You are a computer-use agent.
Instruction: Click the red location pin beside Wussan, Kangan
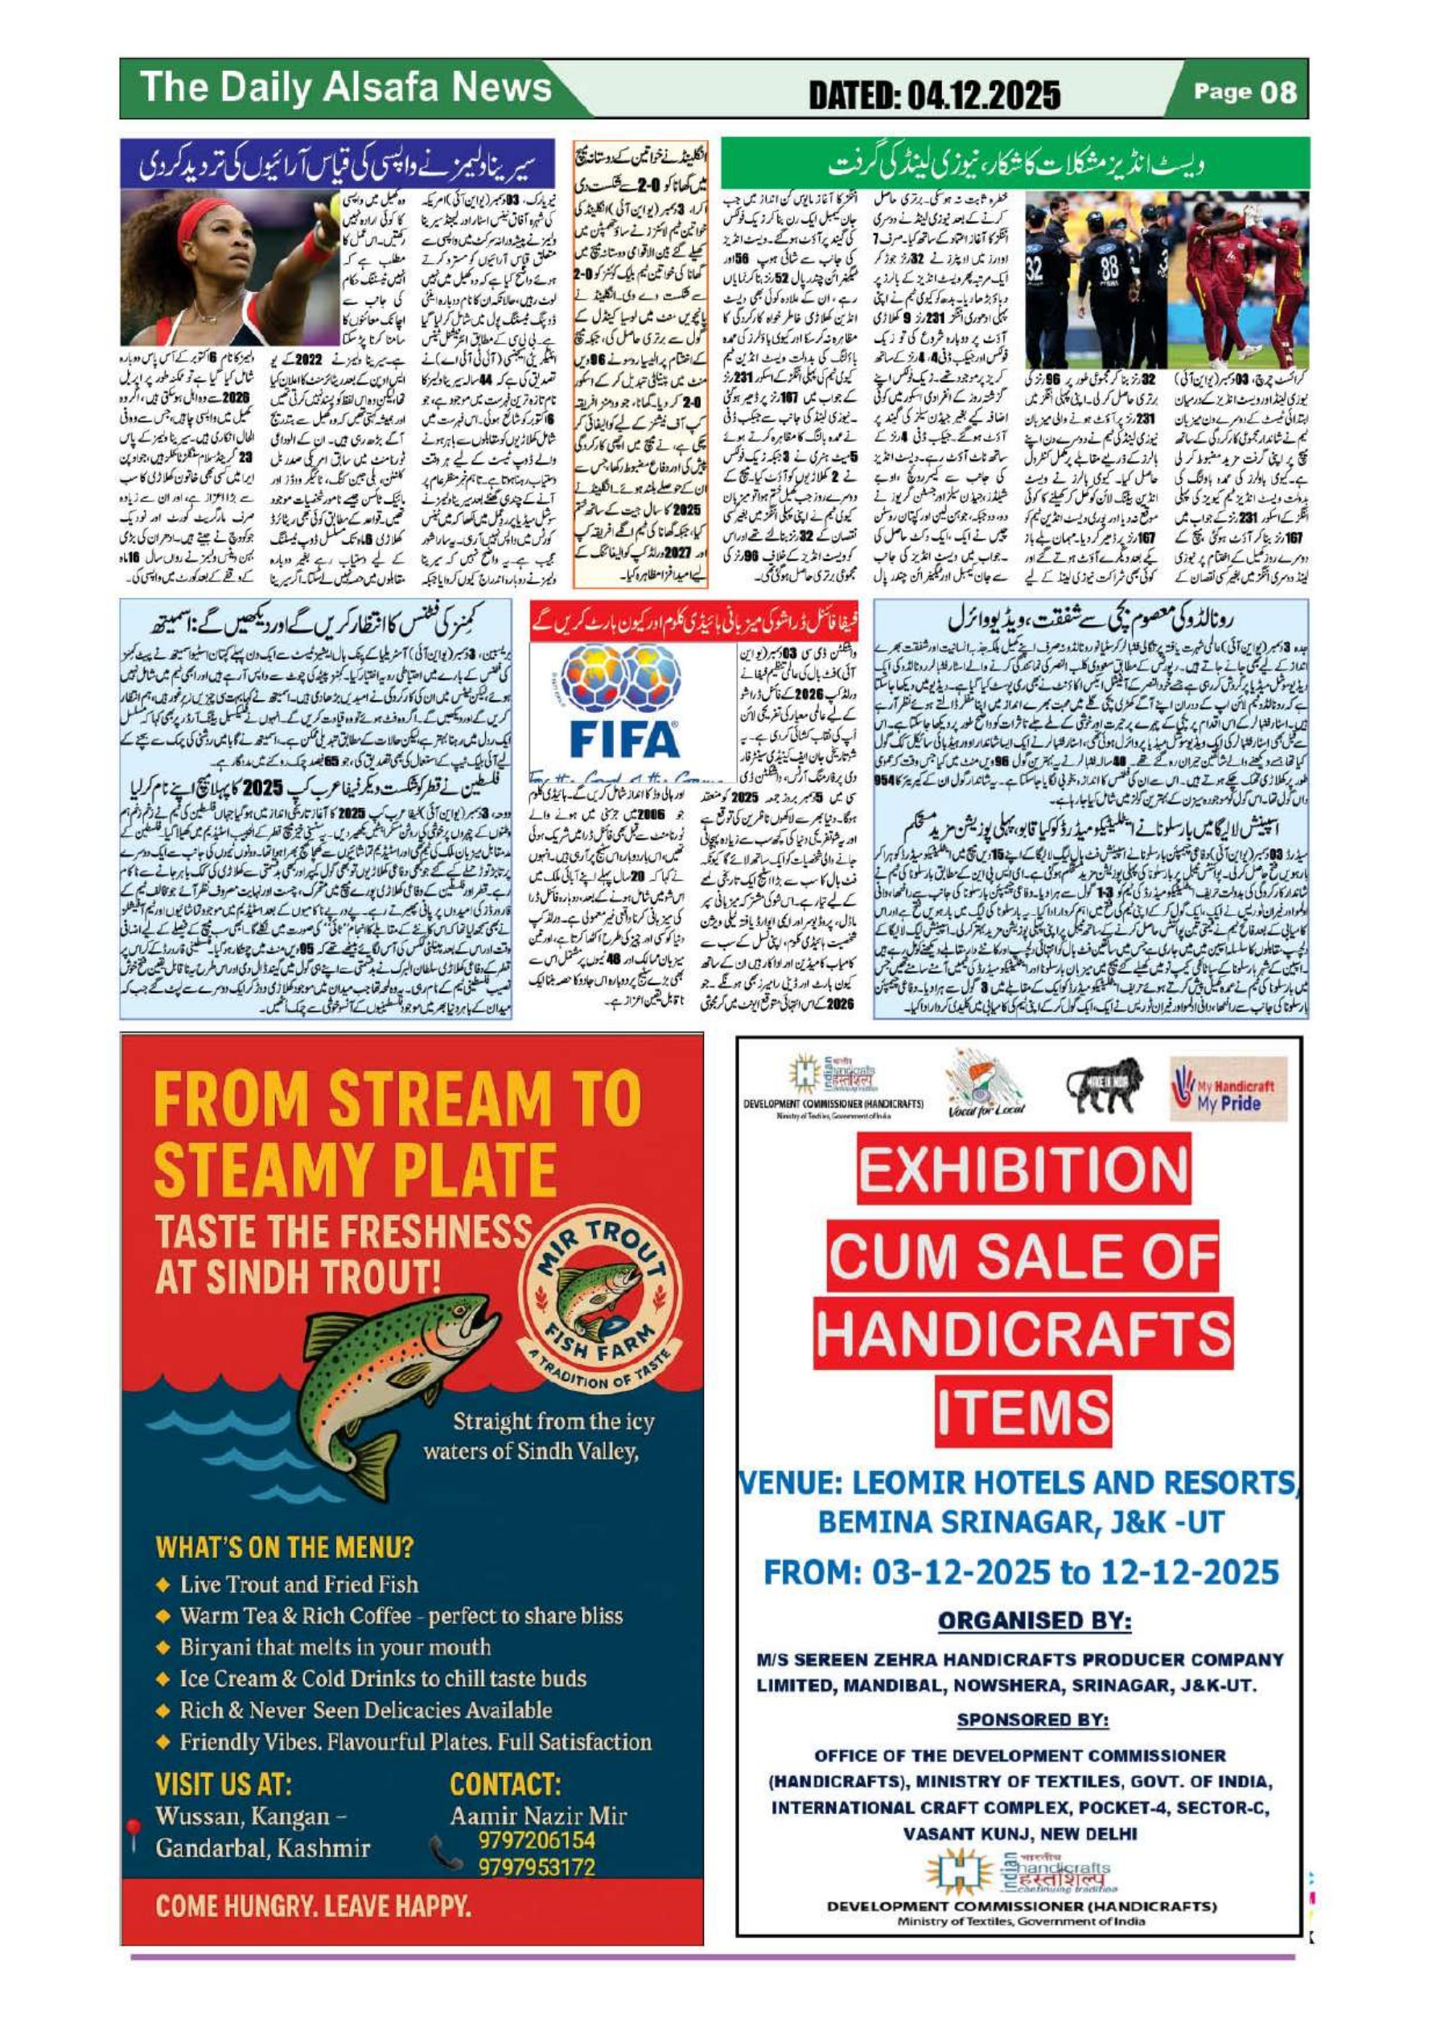coord(134,1827)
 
